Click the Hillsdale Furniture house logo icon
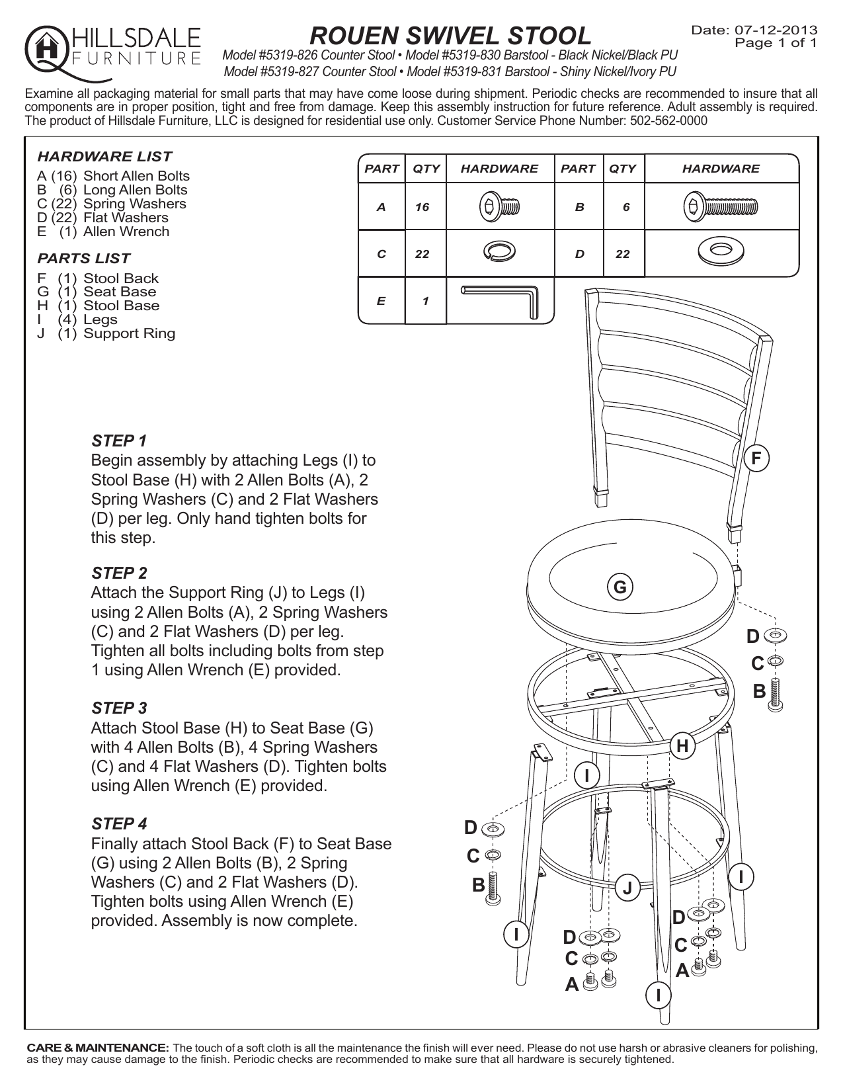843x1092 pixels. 44,48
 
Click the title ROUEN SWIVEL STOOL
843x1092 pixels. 451,35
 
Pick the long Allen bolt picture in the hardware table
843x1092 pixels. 721,207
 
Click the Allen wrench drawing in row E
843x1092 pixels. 501,300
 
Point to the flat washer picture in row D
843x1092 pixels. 721,252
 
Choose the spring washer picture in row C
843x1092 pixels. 501,252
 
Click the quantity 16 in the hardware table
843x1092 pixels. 422,208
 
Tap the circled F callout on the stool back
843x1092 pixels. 757,458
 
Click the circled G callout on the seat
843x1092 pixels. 620,587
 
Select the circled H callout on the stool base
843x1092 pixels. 683,746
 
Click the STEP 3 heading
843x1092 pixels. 119,708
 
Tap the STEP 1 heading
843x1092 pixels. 119,441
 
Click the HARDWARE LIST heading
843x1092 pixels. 104,157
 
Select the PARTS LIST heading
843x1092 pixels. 84,258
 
